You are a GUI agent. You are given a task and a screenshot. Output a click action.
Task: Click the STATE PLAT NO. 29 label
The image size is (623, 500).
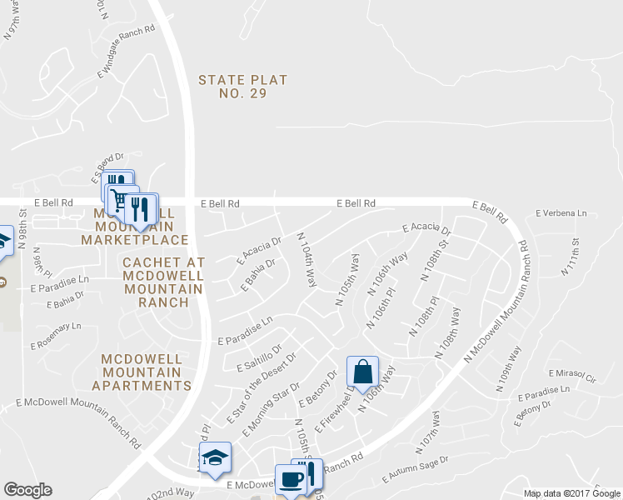click(242, 87)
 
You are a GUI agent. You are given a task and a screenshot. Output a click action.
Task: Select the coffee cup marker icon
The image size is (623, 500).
click(292, 480)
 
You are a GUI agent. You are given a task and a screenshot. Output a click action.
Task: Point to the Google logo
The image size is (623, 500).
click(27, 490)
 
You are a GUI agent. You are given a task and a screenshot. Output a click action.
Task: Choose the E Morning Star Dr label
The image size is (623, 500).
click(270, 410)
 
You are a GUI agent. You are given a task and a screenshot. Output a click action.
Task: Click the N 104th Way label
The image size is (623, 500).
click(307, 260)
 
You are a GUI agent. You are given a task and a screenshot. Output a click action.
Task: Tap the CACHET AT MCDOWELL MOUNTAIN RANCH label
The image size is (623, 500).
click(162, 282)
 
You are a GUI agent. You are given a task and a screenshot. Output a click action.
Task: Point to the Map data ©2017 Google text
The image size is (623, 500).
click(571, 493)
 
